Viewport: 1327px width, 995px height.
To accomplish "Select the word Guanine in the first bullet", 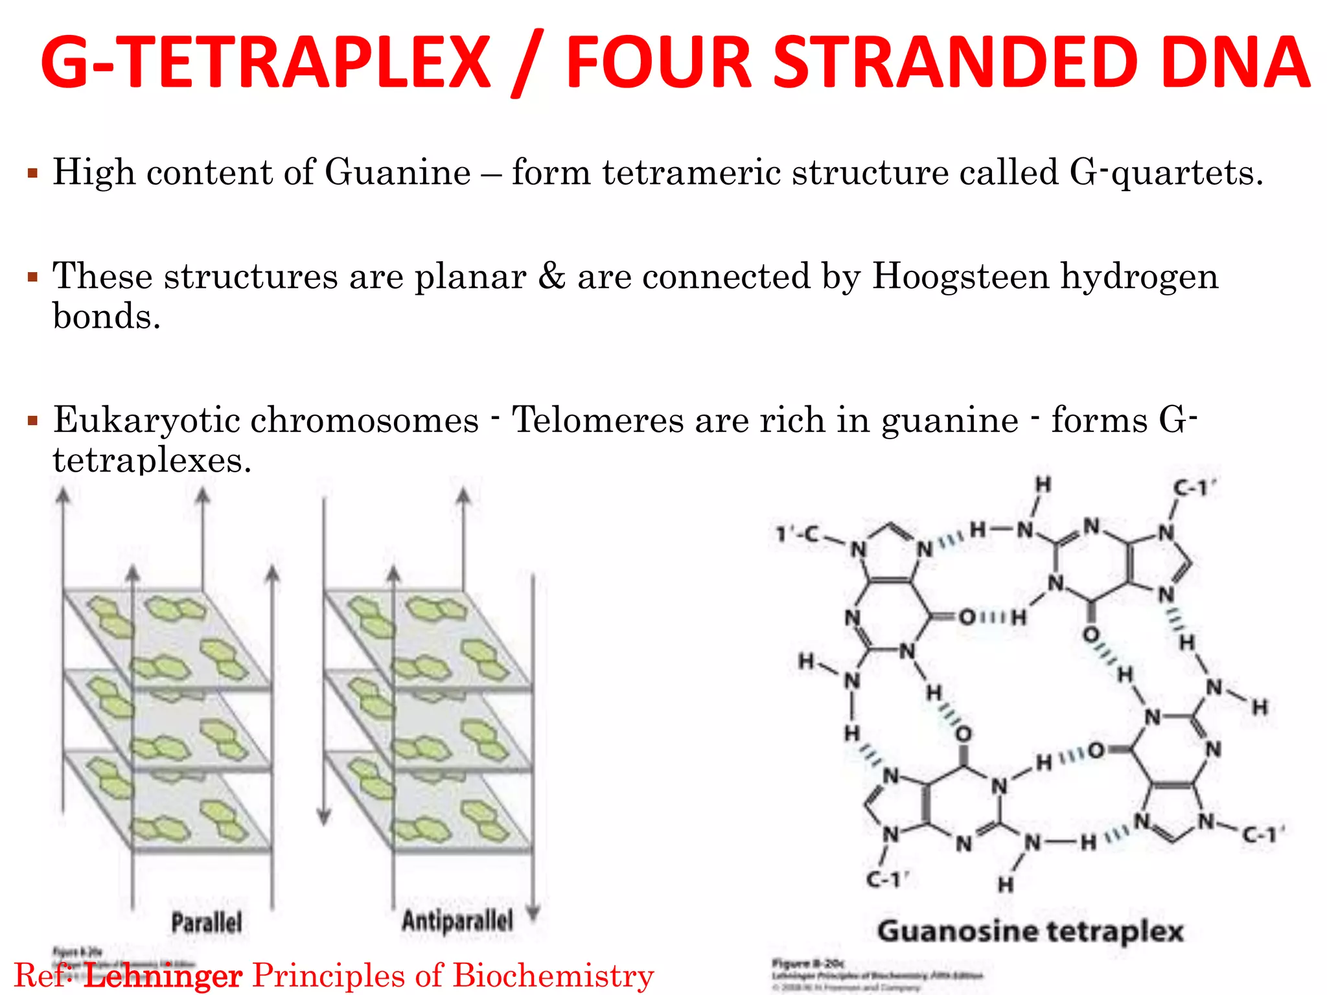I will point(397,173).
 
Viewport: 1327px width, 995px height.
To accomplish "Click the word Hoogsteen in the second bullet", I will point(961,277).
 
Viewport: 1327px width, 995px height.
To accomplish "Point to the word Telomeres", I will point(597,420).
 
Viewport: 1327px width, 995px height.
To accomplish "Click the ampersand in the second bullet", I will point(551,277).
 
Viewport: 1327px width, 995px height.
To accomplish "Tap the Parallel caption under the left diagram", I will point(206,922).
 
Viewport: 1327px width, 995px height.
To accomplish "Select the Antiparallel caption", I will point(457,921).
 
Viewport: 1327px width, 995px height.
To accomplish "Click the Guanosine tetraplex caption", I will point(1030,932).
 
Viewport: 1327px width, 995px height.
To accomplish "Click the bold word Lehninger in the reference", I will point(163,976).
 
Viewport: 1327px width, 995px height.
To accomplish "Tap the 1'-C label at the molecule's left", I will point(797,535).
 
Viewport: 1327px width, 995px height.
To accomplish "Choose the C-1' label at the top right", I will point(1195,488).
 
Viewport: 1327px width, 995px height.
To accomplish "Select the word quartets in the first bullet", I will point(1187,173).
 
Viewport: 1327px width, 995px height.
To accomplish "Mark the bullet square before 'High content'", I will point(32,174).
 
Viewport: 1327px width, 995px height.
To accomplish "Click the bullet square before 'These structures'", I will point(32,278).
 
